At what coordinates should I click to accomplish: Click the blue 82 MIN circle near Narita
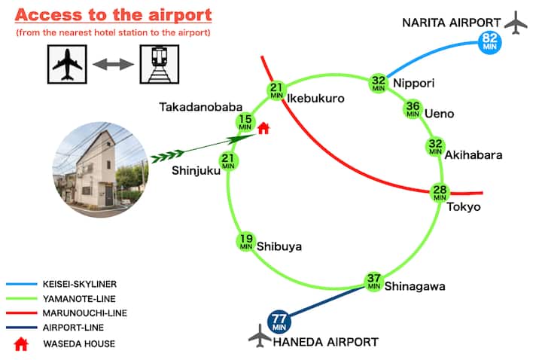click(490, 41)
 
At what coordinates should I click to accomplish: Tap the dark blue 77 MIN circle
click(279, 322)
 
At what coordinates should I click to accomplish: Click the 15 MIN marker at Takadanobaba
click(245, 122)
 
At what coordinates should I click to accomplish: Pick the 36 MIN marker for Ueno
click(413, 110)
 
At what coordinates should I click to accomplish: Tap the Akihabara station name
click(473, 155)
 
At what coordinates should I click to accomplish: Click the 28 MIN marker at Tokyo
click(440, 192)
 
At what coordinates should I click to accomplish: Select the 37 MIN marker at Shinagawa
click(373, 282)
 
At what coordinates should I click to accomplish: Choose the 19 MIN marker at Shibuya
click(246, 242)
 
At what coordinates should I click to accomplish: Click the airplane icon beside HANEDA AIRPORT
click(260, 336)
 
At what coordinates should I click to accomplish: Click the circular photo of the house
click(100, 166)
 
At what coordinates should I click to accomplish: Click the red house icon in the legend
click(21, 343)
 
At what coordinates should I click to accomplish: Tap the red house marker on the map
click(263, 128)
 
